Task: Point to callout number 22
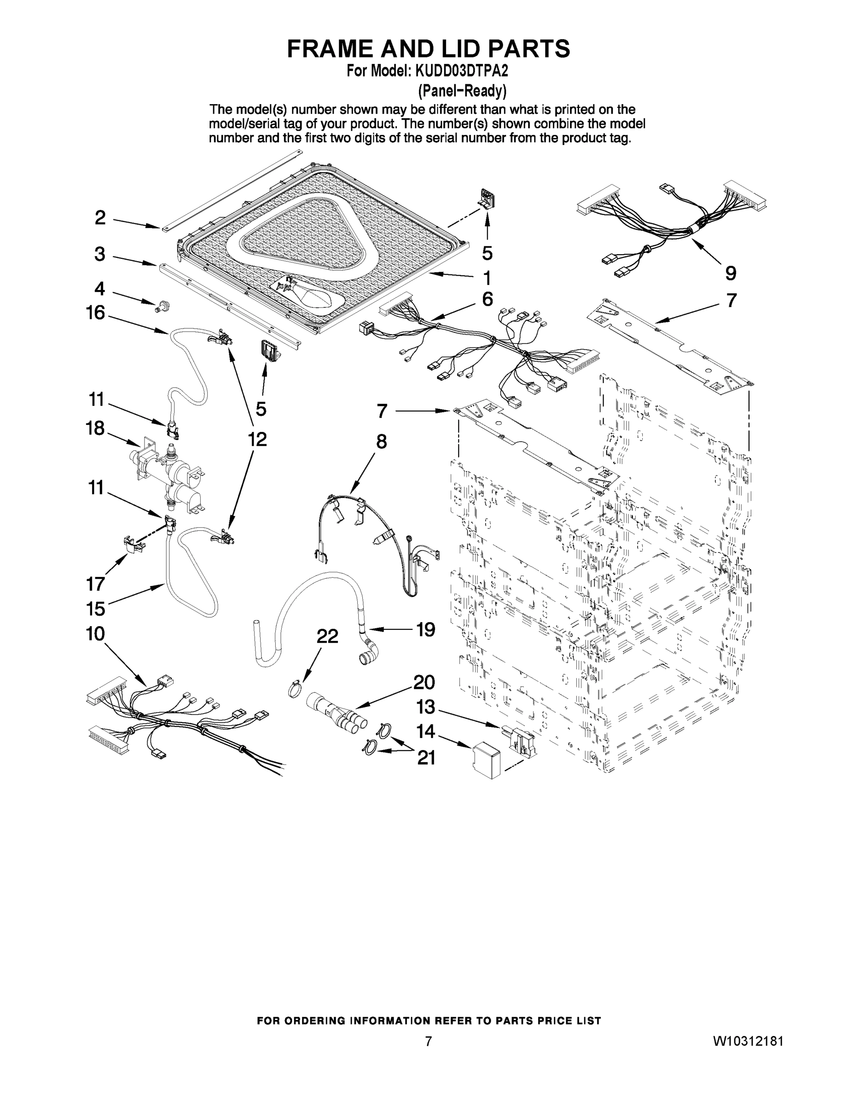click(x=327, y=636)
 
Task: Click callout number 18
click(x=95, y=428)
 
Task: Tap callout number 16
click(x=95, y=313)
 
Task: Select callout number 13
click(x=425, y=707)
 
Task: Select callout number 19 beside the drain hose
click(x=425, y=629)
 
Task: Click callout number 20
click(x=424, y=682)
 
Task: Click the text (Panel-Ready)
click(x=461, y=91)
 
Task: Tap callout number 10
click(x=95, y=634)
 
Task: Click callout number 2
click(x=100, y=218)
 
